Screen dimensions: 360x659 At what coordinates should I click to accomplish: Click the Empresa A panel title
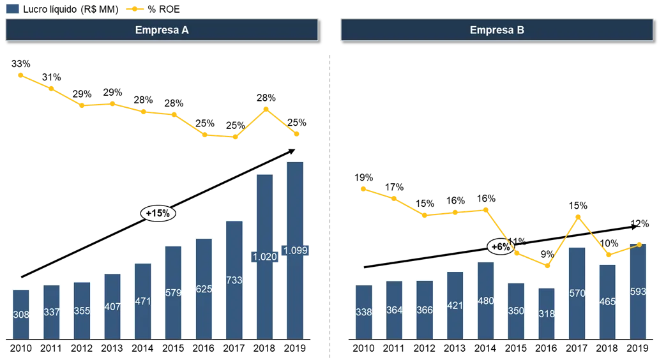point(162,30)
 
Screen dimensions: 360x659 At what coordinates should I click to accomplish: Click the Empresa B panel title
point(497,30)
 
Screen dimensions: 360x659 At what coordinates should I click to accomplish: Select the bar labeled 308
point(20,313)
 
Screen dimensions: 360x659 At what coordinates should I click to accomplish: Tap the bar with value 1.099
point(295,250)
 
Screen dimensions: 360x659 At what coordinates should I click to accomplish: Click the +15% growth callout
point(158,214)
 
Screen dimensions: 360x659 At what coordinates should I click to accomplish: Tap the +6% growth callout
point(501,247)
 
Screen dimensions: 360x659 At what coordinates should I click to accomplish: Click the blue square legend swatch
point(12,9)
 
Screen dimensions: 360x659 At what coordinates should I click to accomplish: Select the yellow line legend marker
point(135,9)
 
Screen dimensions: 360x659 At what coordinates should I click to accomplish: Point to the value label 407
point(112,306)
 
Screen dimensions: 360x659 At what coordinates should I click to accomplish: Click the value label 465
point(607,301)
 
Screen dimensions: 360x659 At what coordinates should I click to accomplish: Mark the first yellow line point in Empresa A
point(20,75)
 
